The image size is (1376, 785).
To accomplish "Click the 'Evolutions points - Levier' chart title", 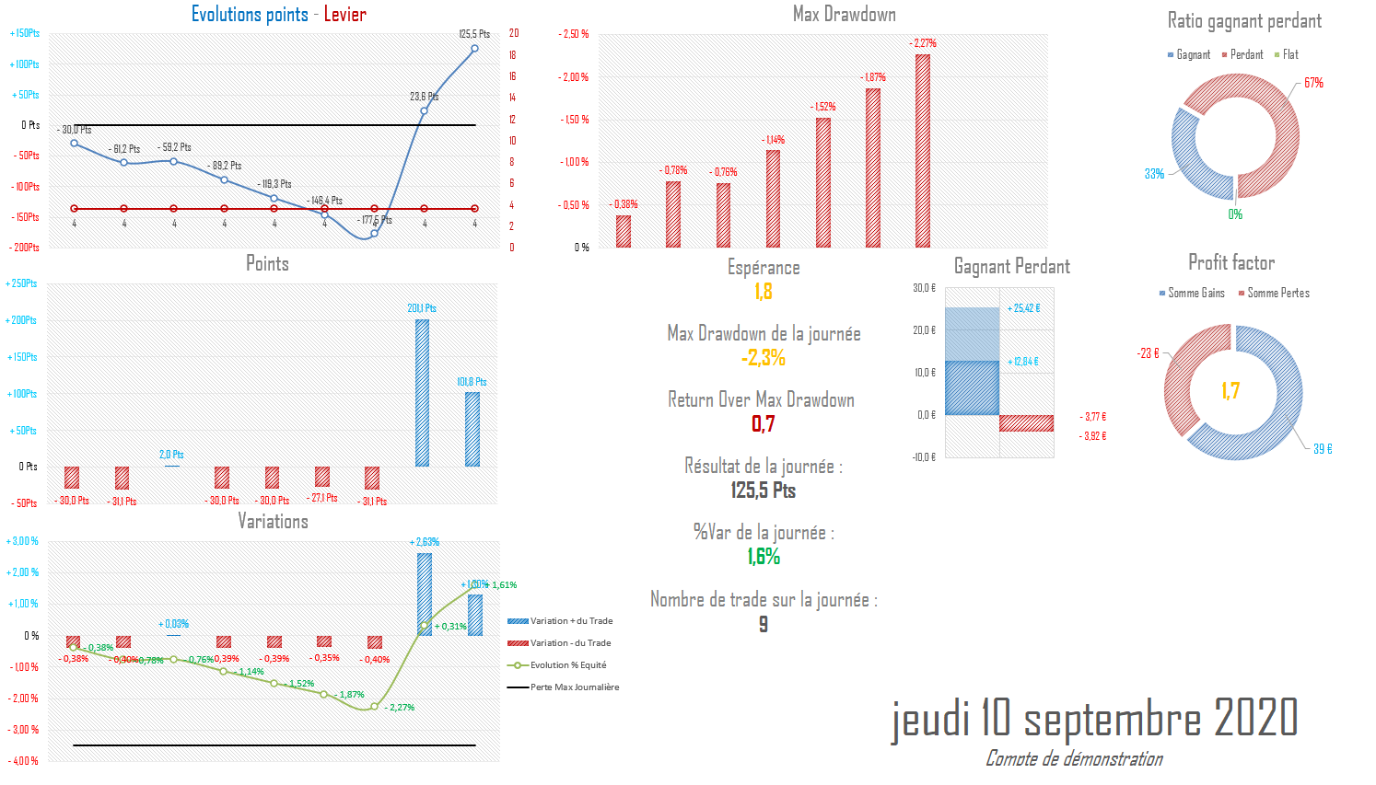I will tap(278, 15).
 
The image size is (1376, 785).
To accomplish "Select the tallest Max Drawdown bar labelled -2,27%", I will tap(923, 151).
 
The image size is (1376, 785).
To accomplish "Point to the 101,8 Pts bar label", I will tap(472, 382).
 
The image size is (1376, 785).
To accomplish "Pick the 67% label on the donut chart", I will tap(1313, 83).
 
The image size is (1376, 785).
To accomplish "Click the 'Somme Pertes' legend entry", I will tap(1277, 294).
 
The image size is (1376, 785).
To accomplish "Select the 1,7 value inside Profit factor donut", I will tap(1230, 391).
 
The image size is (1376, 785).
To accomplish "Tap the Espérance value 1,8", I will tap(764, 292).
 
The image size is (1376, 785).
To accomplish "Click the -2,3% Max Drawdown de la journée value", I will tap(764, 358).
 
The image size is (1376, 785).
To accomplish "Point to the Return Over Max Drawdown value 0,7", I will tap(764, 424).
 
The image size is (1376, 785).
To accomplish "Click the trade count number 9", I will tap(764, 624).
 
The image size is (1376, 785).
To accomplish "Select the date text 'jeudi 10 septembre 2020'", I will tap(1094, 719).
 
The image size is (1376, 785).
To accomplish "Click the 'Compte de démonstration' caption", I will tap(1074, 758).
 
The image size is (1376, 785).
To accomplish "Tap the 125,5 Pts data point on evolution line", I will tap(474, 49).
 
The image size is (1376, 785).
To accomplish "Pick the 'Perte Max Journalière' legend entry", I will tap(574, 687).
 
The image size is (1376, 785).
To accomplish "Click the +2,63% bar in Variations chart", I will tap(425, 594).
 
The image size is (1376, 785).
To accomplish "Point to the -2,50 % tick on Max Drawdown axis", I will tap(574, 34).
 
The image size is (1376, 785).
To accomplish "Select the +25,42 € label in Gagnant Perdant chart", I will tap(1023, 308).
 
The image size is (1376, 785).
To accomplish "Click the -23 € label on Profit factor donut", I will tap(1148, 353).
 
